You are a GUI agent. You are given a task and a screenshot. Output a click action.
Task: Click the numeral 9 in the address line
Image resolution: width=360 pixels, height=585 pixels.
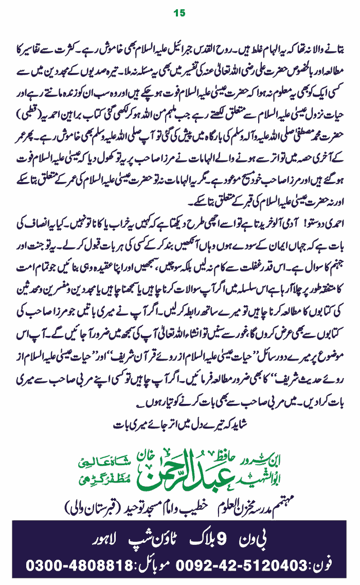[221, 540]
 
